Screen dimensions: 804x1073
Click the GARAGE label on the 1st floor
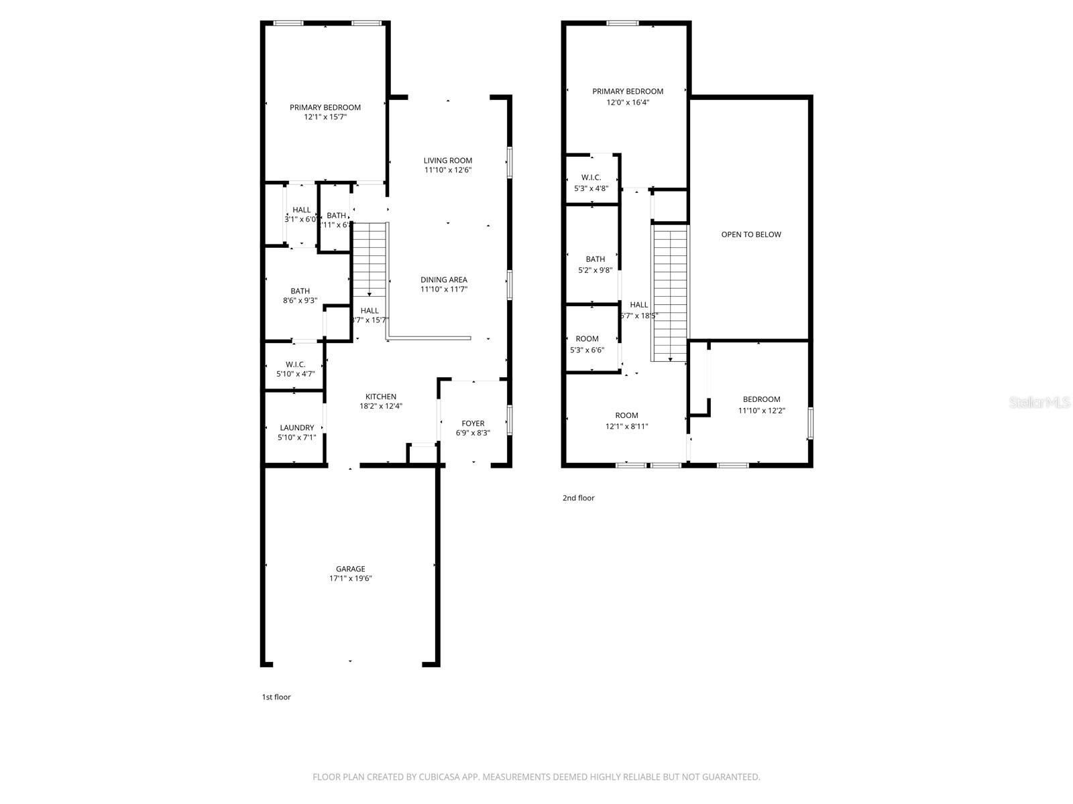point(351,569)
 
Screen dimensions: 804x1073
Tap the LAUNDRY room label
point(296,427)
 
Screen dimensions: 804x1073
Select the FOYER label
point(473,423)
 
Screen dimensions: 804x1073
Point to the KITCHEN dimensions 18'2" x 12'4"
point(381,406)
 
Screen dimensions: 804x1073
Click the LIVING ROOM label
point(447,160)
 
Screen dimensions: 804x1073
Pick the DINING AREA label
point(443,279)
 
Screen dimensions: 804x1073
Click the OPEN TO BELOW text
point(751,234)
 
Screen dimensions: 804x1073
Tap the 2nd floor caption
point(578,498)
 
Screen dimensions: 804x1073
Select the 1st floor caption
point(276,697)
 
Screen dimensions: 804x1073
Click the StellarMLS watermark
point(1039,402)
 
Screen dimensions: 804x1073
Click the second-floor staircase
point(670,291)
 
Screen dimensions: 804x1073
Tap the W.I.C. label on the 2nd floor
point(591,178)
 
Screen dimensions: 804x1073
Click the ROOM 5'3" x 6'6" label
point(587,338)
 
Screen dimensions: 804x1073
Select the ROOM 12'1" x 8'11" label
point(626,415)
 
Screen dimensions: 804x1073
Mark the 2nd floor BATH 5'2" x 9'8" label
point(595,259)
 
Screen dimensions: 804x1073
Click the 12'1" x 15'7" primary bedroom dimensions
point(325,117)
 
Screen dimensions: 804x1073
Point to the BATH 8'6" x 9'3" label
point(300,291)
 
